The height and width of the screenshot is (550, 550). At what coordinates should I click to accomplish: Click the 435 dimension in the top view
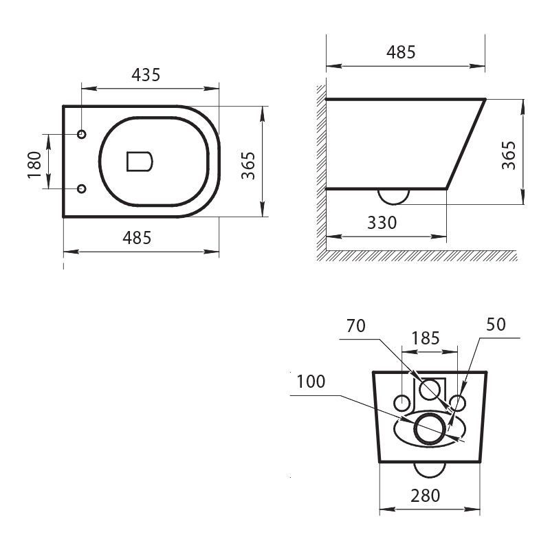(146, 75)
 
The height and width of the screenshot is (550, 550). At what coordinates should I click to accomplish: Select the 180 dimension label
(35, 164)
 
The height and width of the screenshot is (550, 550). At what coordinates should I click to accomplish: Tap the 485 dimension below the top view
(137, 238)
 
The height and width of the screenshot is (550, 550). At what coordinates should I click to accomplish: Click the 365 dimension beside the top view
(248, 164)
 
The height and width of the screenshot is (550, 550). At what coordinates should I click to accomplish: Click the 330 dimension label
(382, 223)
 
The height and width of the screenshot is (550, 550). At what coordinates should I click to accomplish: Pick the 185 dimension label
(426, 338)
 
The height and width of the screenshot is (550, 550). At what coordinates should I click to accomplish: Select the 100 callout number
(311, 382)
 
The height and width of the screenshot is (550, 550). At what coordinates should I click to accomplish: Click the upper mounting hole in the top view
(82, 133)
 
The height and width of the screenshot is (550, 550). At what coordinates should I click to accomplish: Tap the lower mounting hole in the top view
(82, 188)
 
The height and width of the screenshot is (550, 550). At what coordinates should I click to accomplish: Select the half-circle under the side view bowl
(393, 196)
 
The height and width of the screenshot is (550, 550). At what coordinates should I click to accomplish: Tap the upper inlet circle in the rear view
(432, 389)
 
